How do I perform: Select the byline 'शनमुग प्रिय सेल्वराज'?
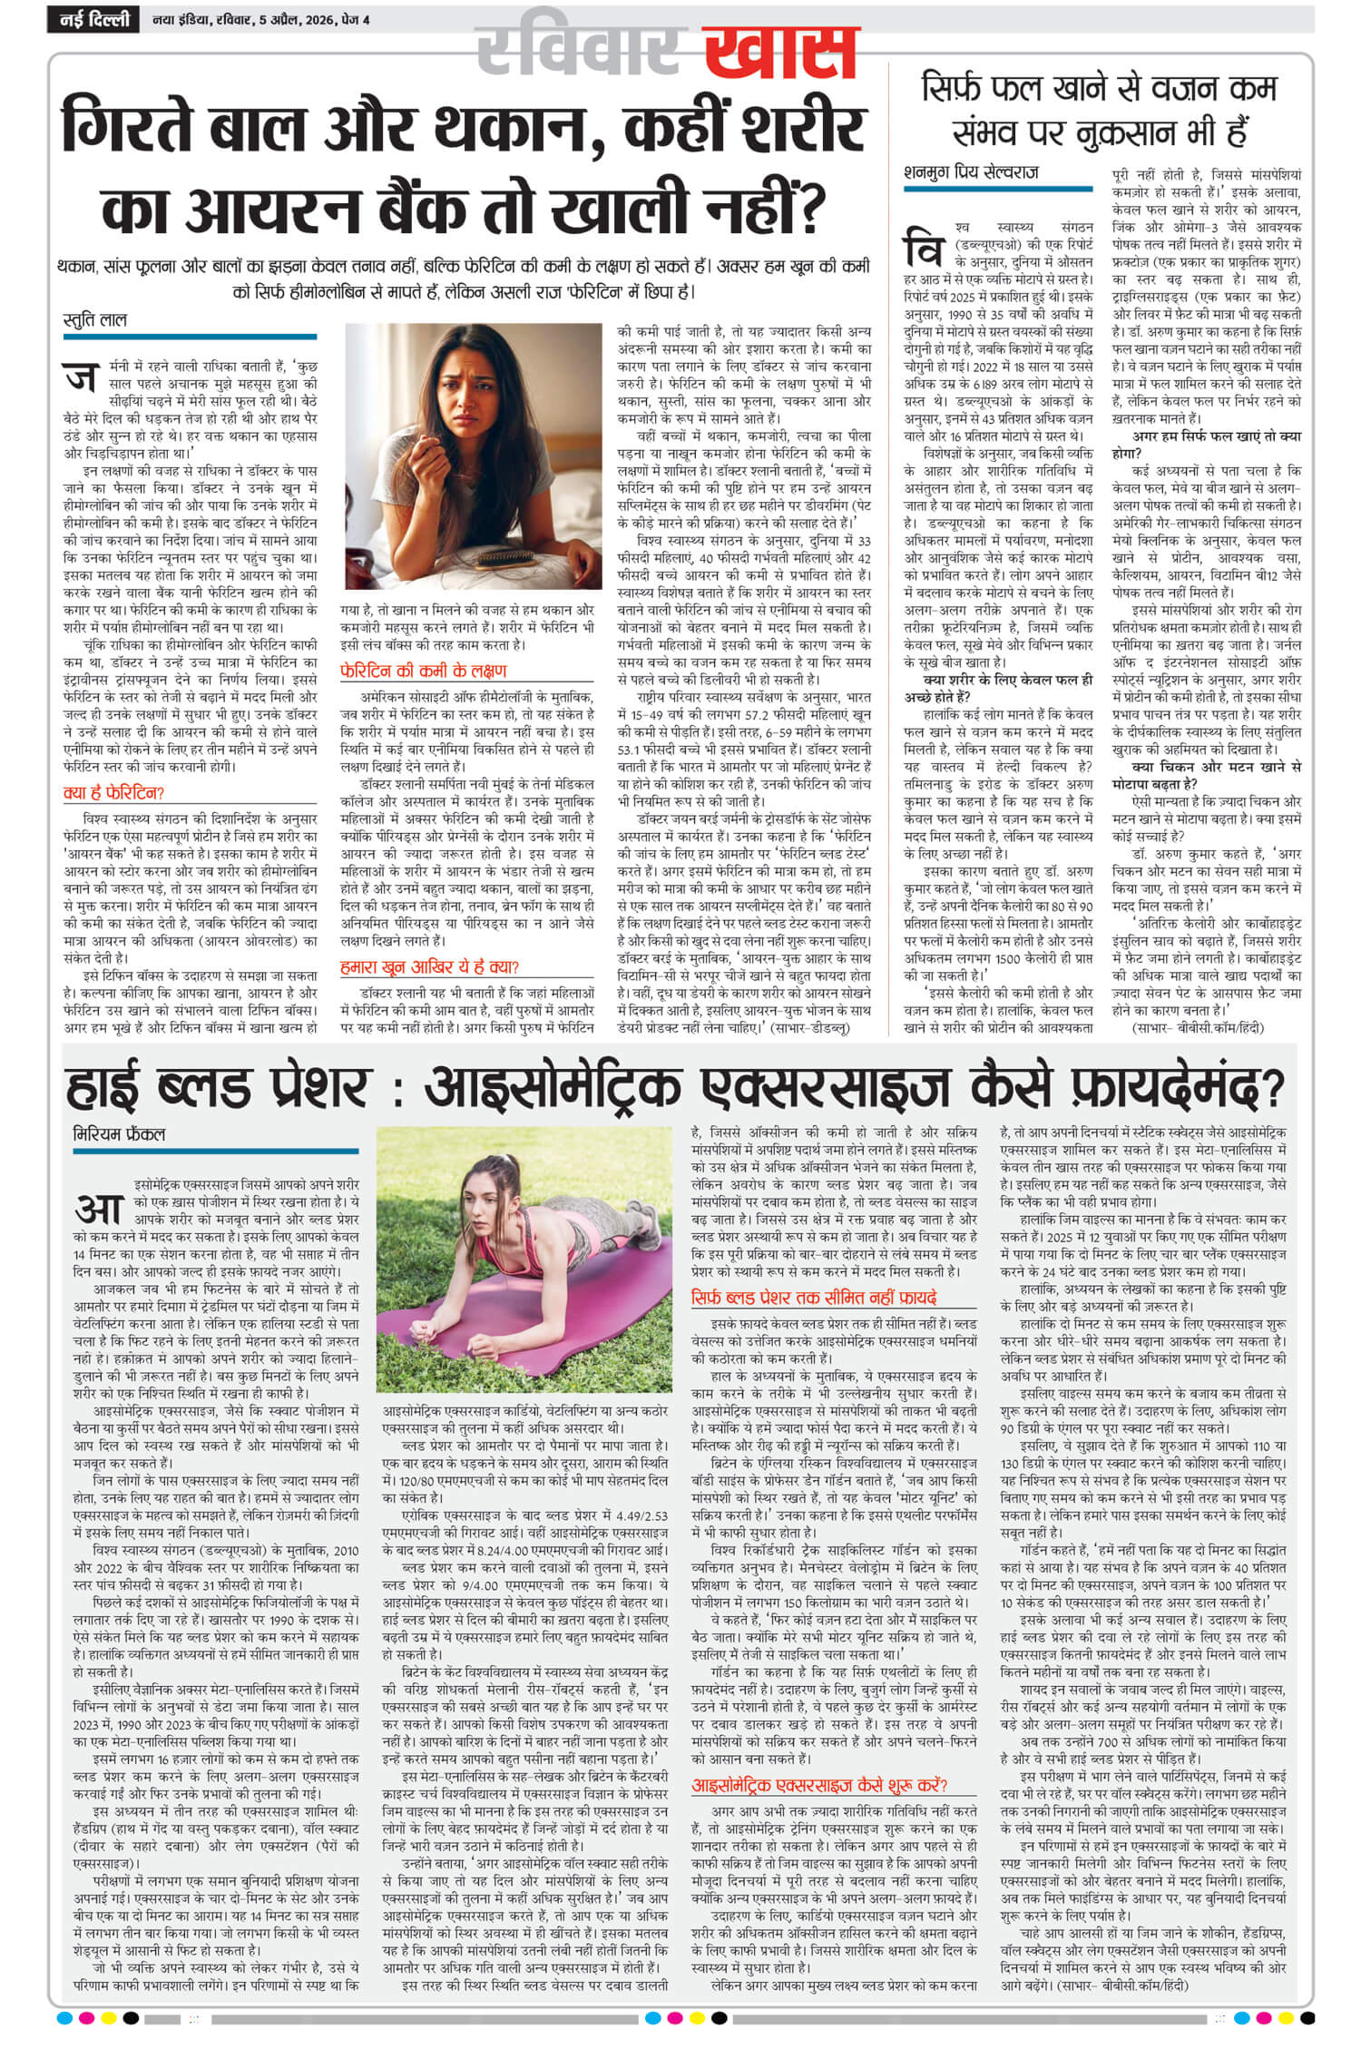[972, 171]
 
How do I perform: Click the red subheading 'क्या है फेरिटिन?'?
[113, 792]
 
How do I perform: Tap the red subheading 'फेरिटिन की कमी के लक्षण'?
[423, 672]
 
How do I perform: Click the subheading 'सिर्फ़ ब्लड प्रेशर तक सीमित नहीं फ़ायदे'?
[813, 1297]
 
